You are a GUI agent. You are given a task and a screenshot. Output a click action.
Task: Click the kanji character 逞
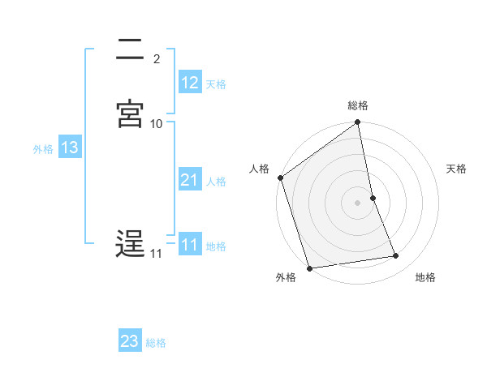[130, 244]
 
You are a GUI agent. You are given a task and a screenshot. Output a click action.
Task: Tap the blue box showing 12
[190, 83]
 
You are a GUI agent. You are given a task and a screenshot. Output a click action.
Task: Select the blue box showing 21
[190, 180]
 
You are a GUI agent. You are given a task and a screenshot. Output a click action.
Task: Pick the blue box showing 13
[70, 148]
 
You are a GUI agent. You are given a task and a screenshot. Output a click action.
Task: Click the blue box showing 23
[130, 341]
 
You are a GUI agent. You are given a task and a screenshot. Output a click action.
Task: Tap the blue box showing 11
[190, 245]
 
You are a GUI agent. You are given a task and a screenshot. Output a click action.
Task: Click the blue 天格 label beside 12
[216, 84]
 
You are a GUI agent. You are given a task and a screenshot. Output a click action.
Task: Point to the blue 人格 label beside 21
[216, 182]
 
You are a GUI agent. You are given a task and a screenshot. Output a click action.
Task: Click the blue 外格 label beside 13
[43, 149]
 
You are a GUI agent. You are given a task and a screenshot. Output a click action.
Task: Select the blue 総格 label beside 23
[156, 343]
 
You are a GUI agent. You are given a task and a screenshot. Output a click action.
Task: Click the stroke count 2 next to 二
[156, 59]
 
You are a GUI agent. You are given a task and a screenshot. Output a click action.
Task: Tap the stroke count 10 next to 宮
[157, 124]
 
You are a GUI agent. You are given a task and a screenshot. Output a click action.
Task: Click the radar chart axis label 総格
[358, 105]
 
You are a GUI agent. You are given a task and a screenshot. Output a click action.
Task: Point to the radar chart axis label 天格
[457, 169]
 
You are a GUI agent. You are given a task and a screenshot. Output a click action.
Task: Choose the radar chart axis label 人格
[259, 169]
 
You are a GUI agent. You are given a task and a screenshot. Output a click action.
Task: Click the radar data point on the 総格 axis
[358, 123]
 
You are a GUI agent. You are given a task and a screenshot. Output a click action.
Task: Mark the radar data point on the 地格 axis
[396, 256]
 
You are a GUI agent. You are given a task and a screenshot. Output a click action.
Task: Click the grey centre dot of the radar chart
[358, 202]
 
